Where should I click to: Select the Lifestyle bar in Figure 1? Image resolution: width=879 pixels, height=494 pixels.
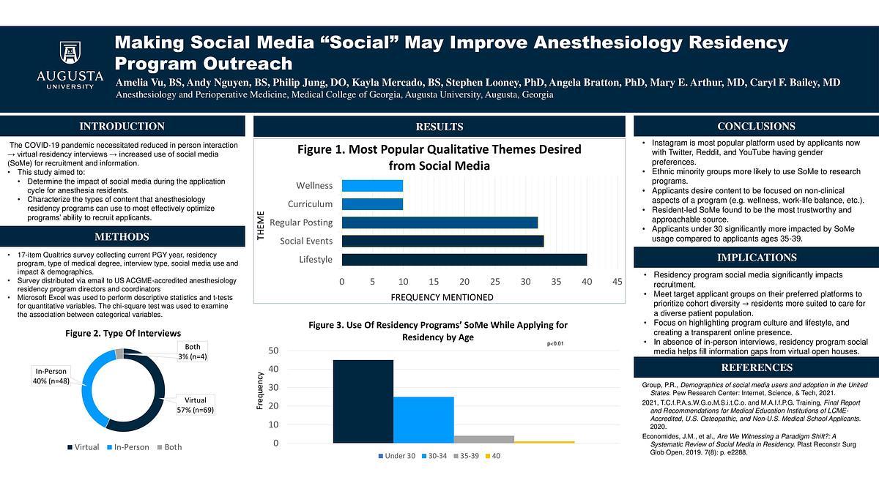pyautogui.click(x=464, y=259)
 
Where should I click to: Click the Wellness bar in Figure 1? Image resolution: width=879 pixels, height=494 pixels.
pyautogui.click(x=372, y=186)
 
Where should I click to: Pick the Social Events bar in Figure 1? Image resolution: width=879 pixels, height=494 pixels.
pyautogui.click(x=442, y=241)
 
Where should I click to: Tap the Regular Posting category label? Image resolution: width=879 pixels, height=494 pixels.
pyautogui.click(x=301, y=222)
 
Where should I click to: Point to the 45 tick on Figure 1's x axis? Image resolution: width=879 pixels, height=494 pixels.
pyautogui.click(x=617, y=282)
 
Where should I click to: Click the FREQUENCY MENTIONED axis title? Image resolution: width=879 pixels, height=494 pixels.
pyautogui.click(x=442, y=297)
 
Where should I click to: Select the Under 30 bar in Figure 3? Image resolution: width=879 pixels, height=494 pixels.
pyautogui.click(x=363, y=401)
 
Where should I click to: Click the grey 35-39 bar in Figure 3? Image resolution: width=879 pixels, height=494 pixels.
pyautogui.click(x=483, y=439)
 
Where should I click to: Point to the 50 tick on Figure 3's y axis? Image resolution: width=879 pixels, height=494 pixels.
pyautogui.click(x=273, y=351)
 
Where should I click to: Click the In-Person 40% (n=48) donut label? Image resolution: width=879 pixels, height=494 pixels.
pyautogui.click(x=51, y=375)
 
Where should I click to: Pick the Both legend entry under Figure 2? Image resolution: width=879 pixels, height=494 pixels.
pyautogui.click(x=168, y=447)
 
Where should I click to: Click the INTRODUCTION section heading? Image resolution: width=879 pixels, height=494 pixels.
pyautogui.click(x=122, y=127)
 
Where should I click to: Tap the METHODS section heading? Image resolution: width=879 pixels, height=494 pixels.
pyautogui.click(x=122, y=237)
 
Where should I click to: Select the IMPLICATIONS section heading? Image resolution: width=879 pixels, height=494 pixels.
pyautogui.click(x=757, y=258)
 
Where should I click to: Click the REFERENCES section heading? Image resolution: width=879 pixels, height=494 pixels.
pyautogui.click(x=757, y=367)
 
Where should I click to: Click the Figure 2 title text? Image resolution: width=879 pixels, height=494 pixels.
pyautogui.click(x=122, y=334)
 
